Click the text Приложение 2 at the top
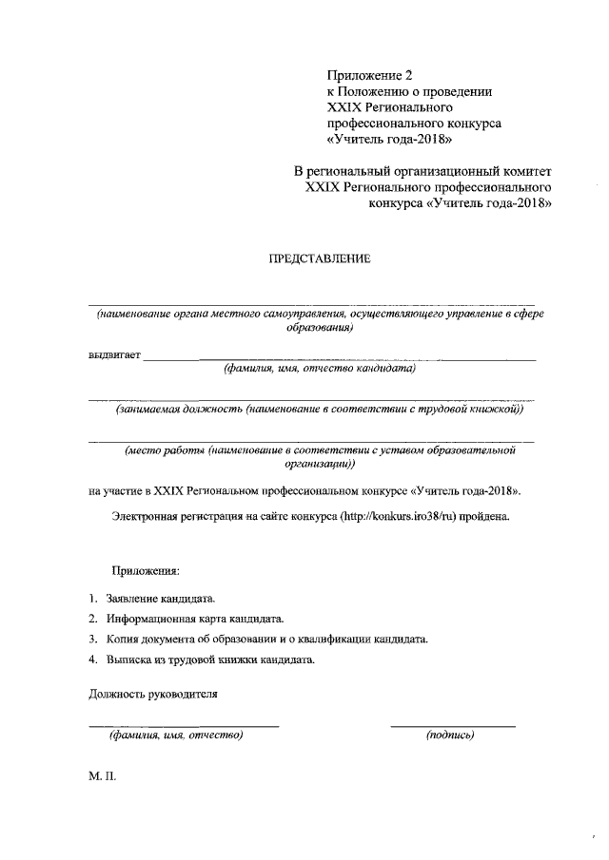coord(371,76)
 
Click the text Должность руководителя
coord(153,694)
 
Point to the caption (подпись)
coord(450,735)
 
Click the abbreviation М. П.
coord(102,776)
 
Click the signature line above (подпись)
coord(453,726)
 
